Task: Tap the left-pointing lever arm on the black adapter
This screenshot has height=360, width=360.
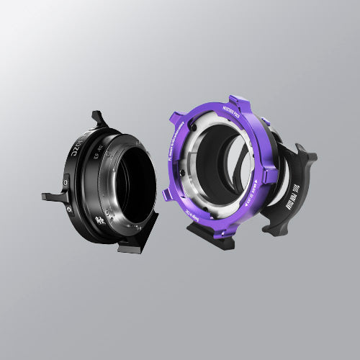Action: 53,196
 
